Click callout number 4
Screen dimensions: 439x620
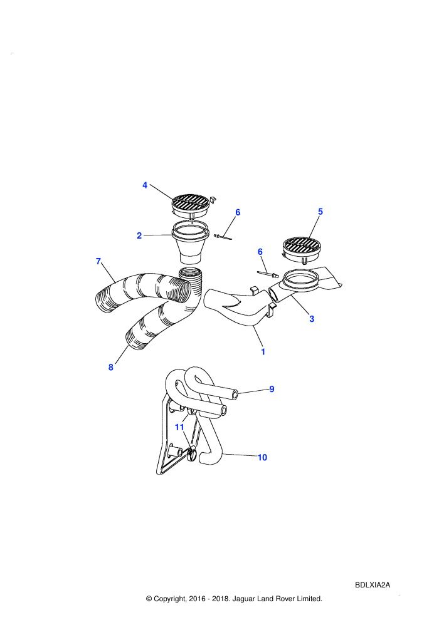[x=145, y=185]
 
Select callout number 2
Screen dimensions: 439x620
[x=139, y=235]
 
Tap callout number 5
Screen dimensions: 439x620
[x=320, y=212]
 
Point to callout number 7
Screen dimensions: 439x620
[x=98, y=261]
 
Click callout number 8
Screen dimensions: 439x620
[x=111, y=368]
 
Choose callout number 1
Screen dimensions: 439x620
[x=263, y=351]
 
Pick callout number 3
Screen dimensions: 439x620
[x=312, y=319]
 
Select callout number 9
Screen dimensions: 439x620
[x=272, y=389]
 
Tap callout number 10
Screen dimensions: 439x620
[x=262, y=458]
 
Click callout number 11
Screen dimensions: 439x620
[x=180, y=428]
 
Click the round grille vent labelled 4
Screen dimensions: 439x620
[x=191, y=206]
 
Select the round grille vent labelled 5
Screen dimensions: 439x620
[x=302, y=250]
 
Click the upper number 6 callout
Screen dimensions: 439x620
[x=238, y=212]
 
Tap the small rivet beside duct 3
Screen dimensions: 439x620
[x=268, y=274]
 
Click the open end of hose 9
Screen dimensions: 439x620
[x=236, y=394]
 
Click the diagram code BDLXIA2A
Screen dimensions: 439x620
[x=373, y=585]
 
